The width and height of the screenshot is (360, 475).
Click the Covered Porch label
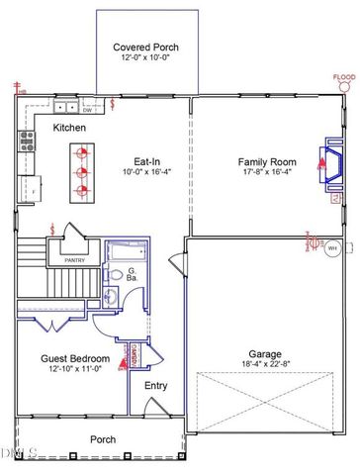[145, 47]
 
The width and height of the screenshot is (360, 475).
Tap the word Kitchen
[69, 128]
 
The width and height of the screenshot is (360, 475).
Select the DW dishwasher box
[88, 110]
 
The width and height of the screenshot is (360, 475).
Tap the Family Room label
[268, 161]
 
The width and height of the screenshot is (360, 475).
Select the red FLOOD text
[343, 77]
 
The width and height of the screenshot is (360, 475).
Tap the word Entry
[156, 386]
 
